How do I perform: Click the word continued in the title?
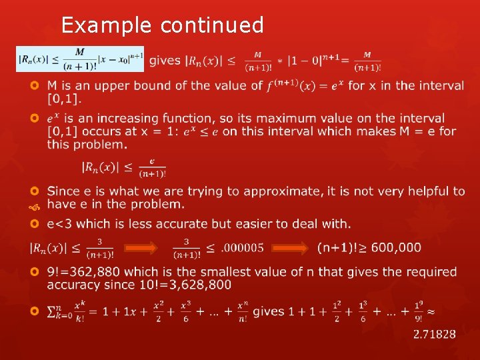212,25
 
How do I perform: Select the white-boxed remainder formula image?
80,59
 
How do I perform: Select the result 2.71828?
435,333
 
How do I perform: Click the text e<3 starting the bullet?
61,223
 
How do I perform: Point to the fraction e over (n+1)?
152,167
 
